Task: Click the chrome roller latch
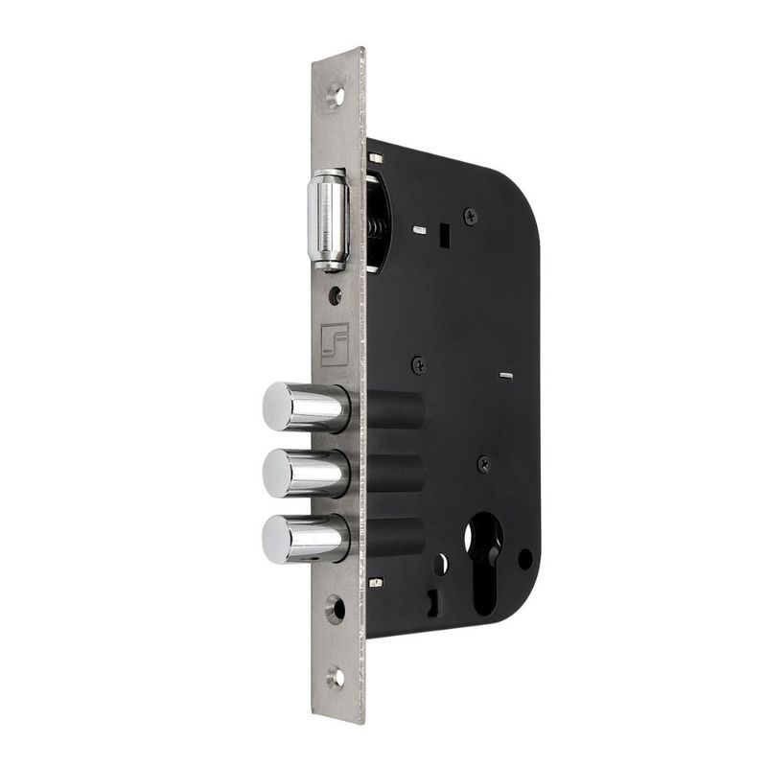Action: pos(326,220)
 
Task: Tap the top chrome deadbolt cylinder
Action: pos(304,407)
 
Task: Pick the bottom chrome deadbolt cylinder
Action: pos(304,538)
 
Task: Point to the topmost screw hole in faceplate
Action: pos(335,94)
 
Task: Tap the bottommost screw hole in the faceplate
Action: pos(336,676)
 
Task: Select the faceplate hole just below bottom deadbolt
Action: pos(336,607)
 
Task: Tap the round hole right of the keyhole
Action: pos(524,557)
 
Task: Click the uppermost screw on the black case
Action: pos(470,217)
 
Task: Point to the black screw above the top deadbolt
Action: pos(419,364)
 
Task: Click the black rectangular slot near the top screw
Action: pos(444,233)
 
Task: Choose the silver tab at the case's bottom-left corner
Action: pos(376,582)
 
